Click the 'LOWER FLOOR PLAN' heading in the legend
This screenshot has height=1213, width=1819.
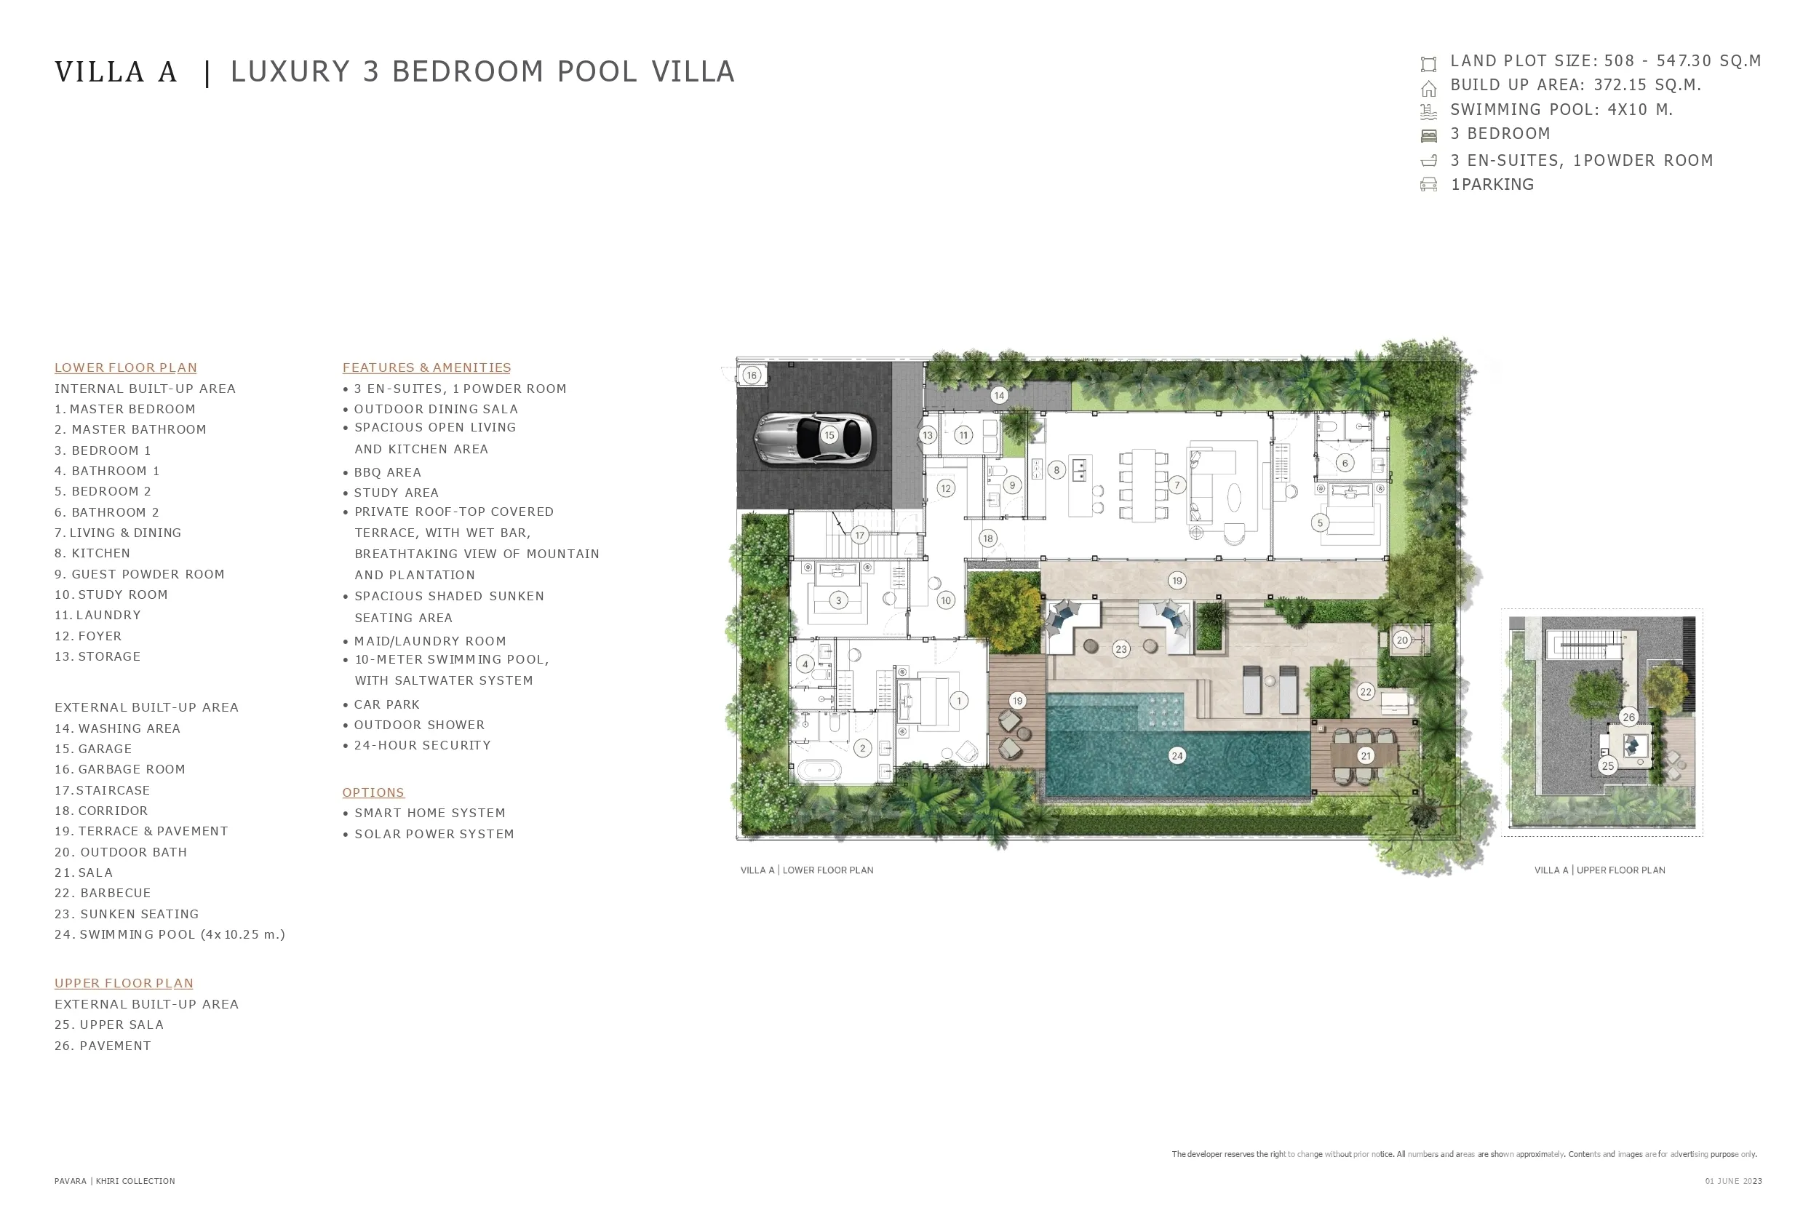coord(125,367)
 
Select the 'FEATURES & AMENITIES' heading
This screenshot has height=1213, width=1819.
coord(427,367)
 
